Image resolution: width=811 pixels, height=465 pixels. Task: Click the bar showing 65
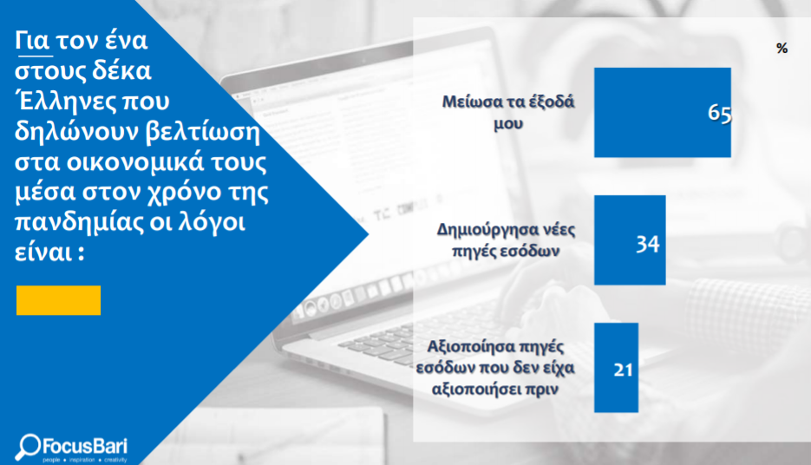click(663, 112)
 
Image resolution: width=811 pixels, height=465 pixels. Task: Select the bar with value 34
click(630, 240)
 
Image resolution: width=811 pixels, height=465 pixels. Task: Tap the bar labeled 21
click(616, 368)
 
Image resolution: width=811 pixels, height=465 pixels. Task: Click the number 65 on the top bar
click(719, 113)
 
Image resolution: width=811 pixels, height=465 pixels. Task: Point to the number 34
click(648, 244)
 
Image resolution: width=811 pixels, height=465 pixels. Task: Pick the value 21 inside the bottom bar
click(624, 370)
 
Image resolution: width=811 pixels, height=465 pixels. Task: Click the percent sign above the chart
click(782, 49)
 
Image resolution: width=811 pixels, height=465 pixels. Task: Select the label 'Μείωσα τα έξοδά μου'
click(508, 112)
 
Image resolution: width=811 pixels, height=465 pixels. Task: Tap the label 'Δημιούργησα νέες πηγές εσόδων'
click(506, 240)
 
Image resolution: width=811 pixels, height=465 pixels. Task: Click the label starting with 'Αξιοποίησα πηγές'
click(495, 368)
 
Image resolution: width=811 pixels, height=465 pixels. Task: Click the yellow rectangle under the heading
click(58, 300)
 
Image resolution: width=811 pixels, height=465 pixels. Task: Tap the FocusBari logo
click(71, 448)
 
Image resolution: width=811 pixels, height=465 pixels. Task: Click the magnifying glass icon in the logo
click(28, 447)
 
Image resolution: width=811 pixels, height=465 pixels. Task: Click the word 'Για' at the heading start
click(32, 41)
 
